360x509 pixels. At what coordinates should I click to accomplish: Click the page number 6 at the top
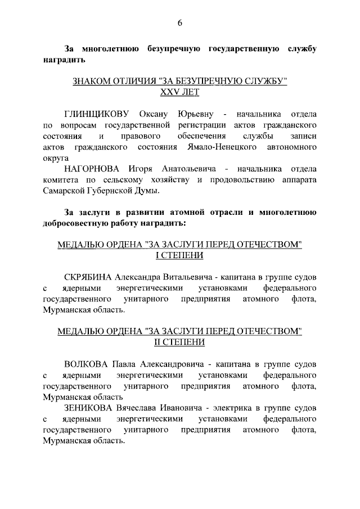[x=180, y=23]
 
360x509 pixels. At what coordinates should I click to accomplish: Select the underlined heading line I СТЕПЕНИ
[x=180, y=256]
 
